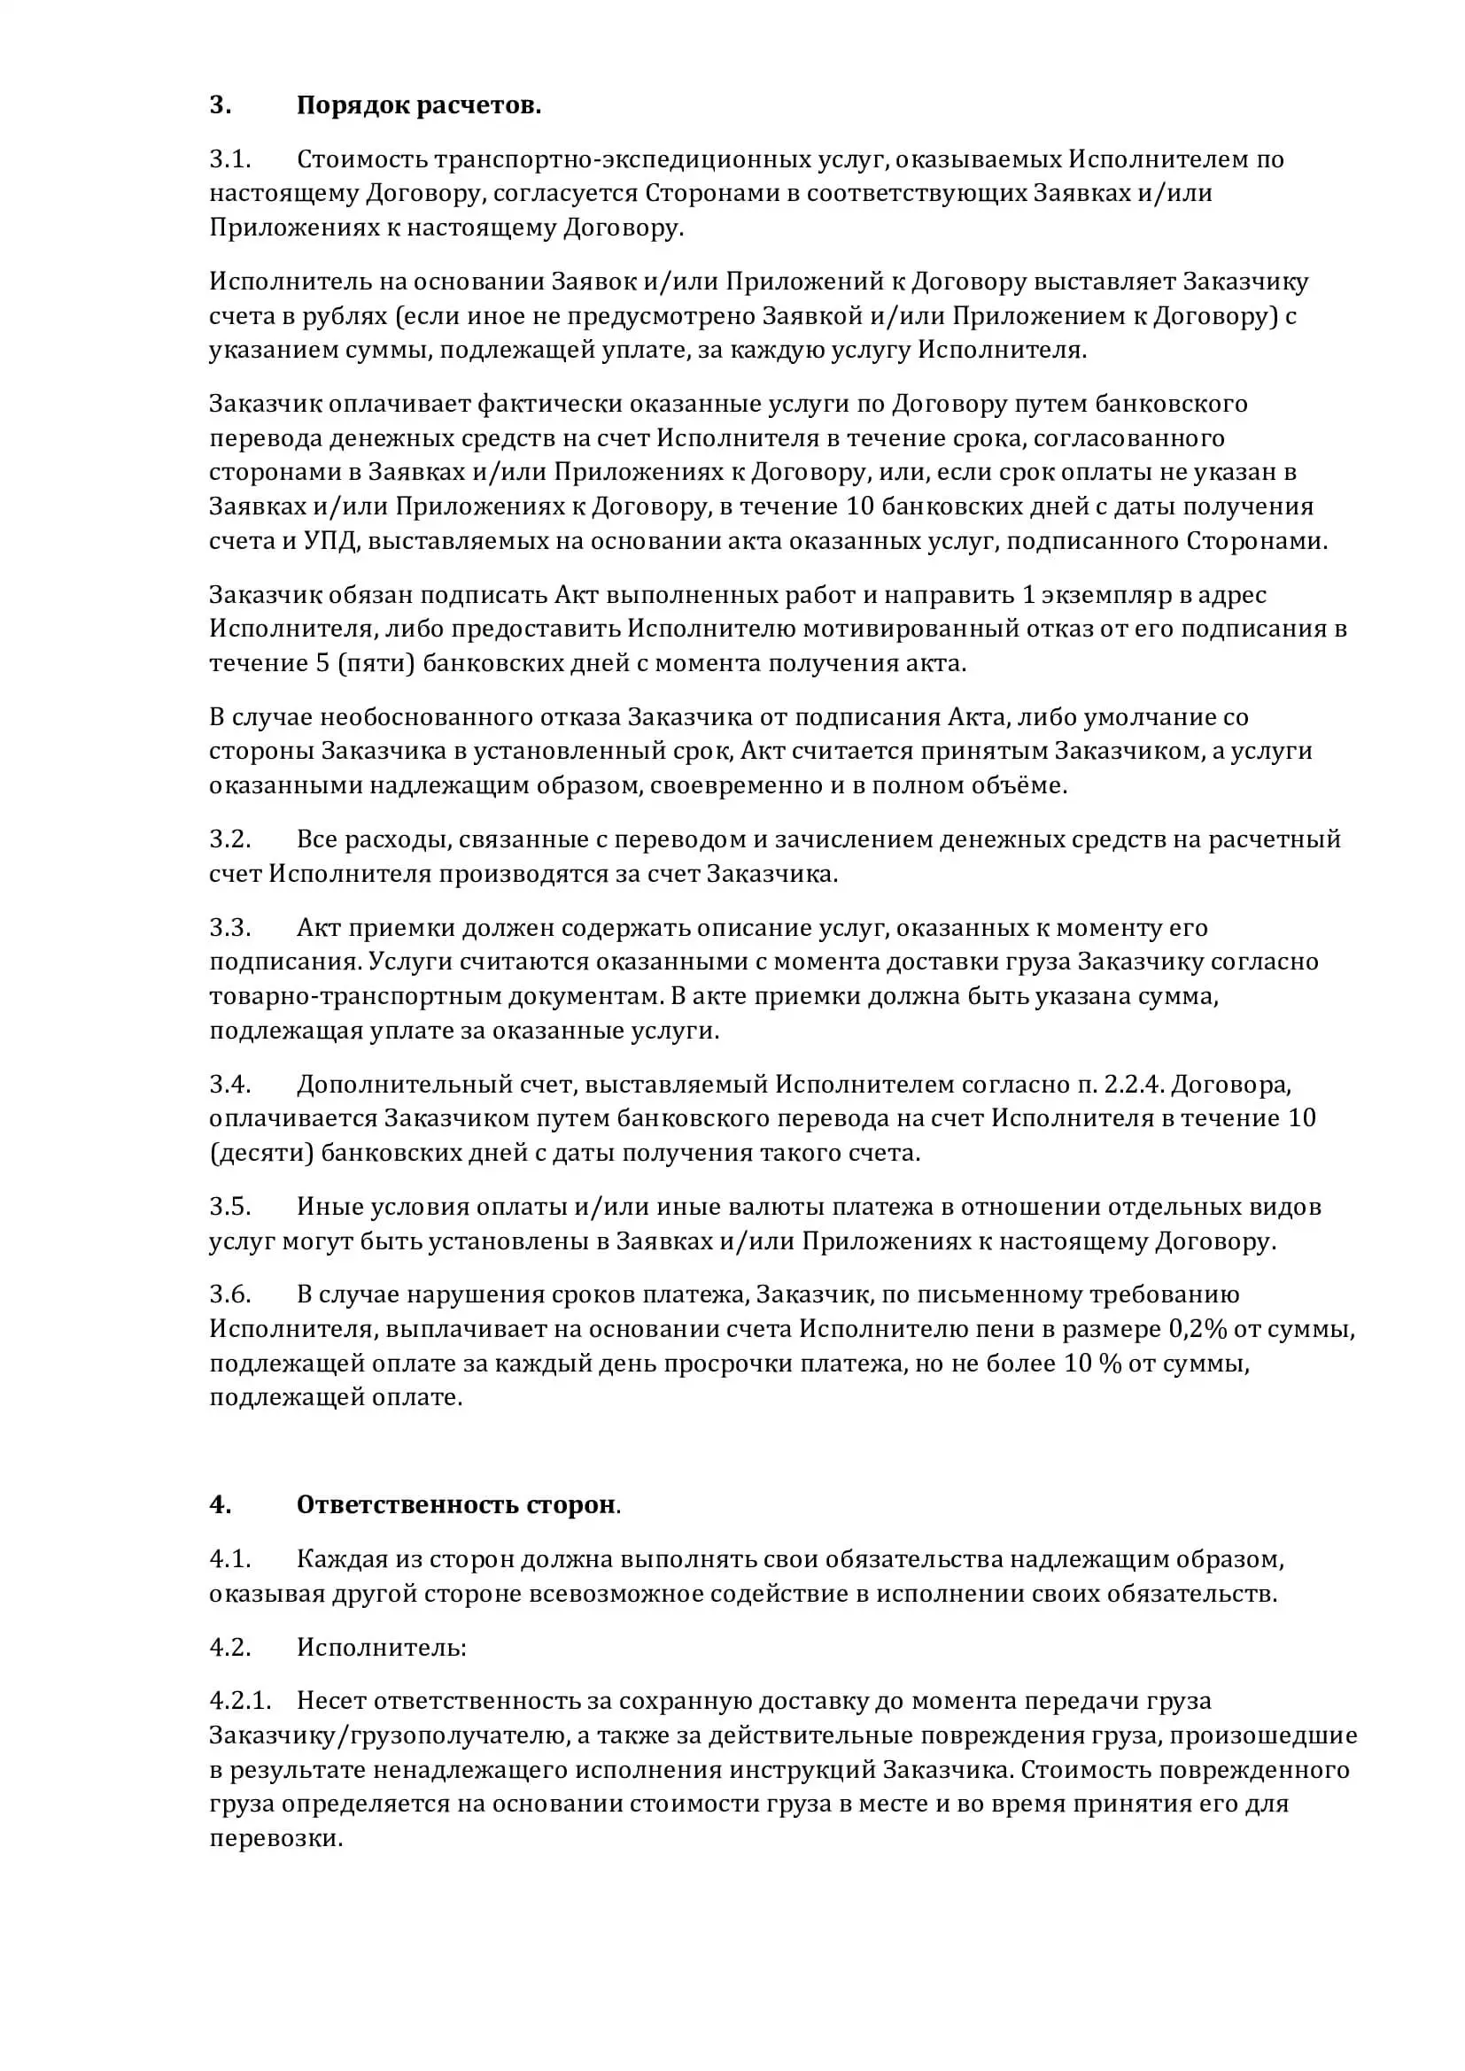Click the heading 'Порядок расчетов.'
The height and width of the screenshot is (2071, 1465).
(x=419, y=105)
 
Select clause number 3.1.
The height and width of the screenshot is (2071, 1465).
(x=230, y=159)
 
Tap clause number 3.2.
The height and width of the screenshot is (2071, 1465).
(x=230, y=838)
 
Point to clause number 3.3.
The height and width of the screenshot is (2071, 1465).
(x=230, y=927)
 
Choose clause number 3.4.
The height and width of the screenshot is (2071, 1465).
(x=230, y=1085)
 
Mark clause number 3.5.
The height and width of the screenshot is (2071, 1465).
(x=230, y=1207)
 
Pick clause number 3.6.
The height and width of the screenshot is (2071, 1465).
(x=230, y=1294)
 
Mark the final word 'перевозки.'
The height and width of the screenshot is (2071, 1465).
(x=276, y=1837)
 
